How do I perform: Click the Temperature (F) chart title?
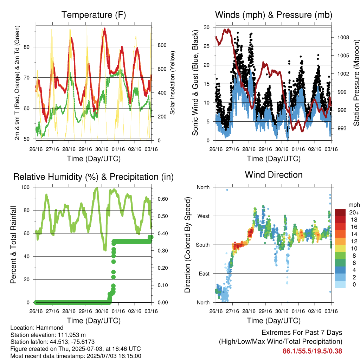(x=94, y=15)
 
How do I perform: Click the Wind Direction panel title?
(x=274, y=175)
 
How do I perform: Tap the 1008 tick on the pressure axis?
(x=343, y=37)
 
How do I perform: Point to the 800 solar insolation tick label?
(x=162, y=45)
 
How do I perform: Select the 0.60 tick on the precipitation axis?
(x=162, y=199)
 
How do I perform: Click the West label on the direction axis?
(x=204, y=216)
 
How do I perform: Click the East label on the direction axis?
(x=204, y=274)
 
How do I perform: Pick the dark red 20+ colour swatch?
(x=340, y=212)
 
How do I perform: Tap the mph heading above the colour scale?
(x=354, y=205)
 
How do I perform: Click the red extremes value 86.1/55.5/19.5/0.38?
(x=312, y=351)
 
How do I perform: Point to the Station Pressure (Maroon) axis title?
(x=356, y=83)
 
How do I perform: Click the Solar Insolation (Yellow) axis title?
(x=172, y=83)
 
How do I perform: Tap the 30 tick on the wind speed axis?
(x=207, y=27)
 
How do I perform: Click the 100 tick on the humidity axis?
(x=25, y=187)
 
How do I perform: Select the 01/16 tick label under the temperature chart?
(x=118, y=149)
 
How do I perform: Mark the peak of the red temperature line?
(x=105, y=28)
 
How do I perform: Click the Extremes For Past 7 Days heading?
(x=302, y=333)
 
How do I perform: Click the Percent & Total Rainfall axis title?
(x=13, y=245)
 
